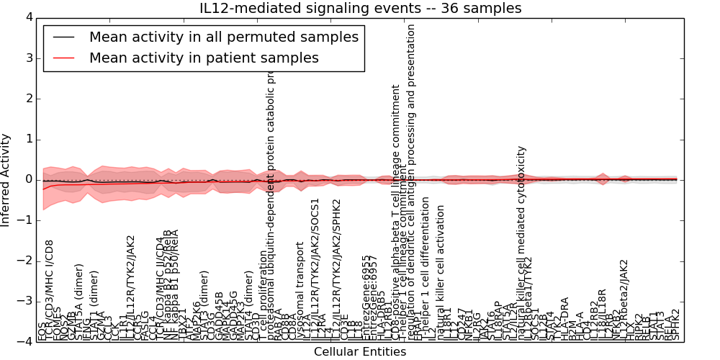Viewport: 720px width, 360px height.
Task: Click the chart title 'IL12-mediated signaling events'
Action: tap(359, 8)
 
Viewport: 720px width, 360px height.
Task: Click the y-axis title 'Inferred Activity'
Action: tap(6, 179)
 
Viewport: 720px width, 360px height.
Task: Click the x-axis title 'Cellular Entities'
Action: tap(359, 352)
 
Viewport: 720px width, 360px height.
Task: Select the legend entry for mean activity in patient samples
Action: tap(204, 58)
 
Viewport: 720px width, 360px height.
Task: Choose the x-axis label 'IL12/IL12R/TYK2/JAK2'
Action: tap(130, 287)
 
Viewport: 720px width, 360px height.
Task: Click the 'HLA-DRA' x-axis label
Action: tap(565, 318)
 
